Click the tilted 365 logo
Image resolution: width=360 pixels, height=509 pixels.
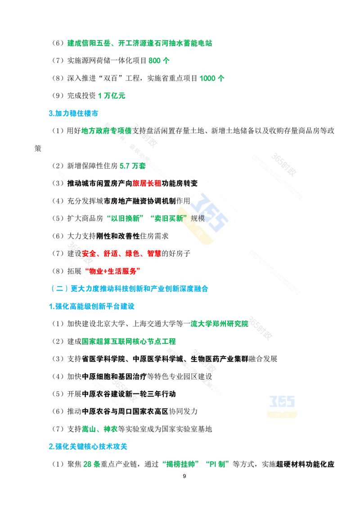click(208, 214)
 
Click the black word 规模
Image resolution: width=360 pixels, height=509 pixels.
click(198, 219)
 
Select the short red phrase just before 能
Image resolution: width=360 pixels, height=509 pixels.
click(147, 183)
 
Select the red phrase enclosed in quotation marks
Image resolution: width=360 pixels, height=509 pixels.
click(113, 271)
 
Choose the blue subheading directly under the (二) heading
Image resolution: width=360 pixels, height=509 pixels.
click(91, 307)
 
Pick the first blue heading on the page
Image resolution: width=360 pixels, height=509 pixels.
click(73, 113)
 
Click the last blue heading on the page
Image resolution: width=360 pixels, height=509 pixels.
click(88, 446)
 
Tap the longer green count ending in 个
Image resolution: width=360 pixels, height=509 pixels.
click(212, 78)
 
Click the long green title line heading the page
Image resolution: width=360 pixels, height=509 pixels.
click(139, 43)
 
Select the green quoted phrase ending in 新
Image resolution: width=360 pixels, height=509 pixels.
click(169, 219)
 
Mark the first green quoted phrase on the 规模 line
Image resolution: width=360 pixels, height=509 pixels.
click(124, 219)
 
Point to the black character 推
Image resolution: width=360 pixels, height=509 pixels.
click(70, 183)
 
